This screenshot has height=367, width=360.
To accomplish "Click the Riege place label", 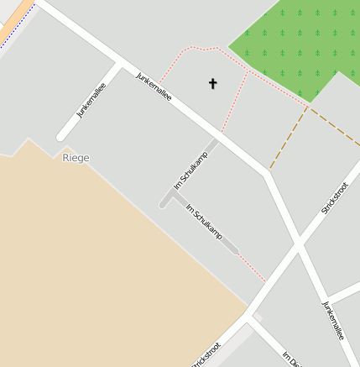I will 76,158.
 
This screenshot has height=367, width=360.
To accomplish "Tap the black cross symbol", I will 212,83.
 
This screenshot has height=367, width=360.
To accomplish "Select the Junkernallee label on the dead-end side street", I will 91,100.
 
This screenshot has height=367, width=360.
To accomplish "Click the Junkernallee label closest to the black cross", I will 154,86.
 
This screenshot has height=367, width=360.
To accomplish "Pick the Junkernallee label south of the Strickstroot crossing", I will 333,320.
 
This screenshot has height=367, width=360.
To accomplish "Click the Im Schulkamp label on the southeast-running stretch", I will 204,223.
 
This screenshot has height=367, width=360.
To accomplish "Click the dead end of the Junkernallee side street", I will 61,135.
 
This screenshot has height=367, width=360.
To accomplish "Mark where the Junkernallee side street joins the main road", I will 120,64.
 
